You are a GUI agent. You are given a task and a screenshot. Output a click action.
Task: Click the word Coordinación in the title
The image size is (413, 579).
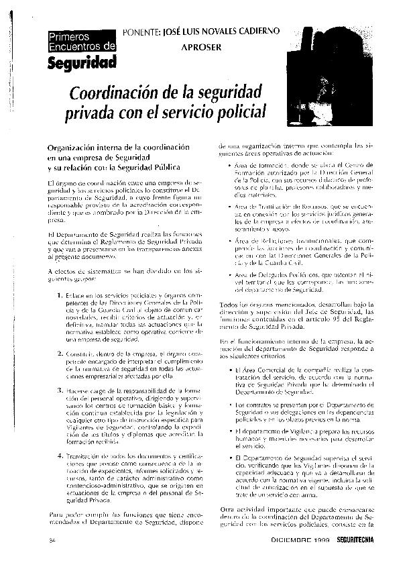[123, 90]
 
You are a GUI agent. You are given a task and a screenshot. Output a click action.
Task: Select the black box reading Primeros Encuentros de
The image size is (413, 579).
[77, 41]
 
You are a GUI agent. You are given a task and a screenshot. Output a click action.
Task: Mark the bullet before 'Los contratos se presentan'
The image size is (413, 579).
[230, 407]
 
